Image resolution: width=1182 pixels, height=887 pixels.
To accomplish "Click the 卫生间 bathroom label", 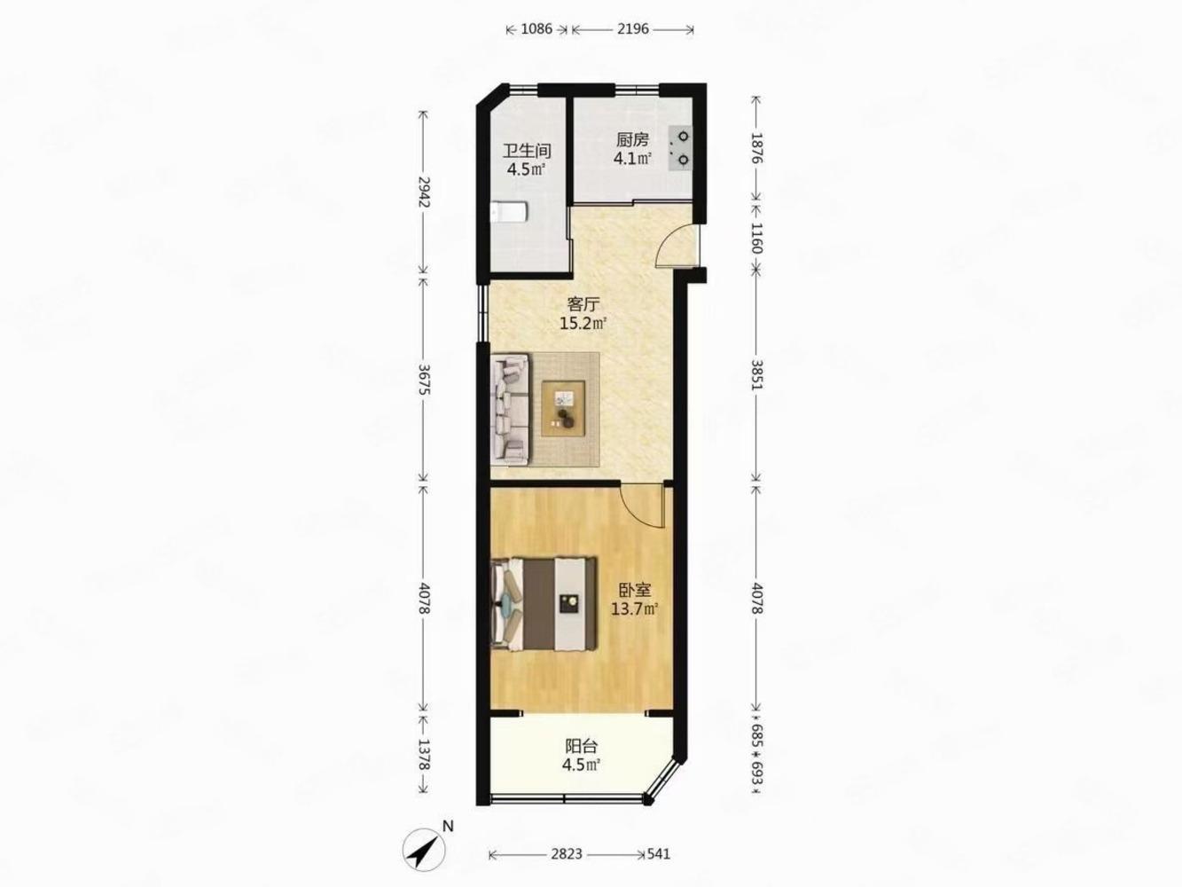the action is click(x=527, y=151).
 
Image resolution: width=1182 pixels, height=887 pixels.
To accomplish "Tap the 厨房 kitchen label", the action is click(x=632, y=140).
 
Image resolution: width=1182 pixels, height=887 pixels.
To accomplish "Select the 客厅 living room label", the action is click(x=583, y=304).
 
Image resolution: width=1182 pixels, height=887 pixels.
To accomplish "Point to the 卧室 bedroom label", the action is click(x=636, y=590).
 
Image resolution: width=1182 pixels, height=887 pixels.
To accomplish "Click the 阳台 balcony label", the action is click(x=582, y=747).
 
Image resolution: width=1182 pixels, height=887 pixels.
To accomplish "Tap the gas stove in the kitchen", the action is click(x=680, y=148).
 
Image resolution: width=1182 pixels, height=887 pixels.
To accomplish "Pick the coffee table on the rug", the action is click(x=564, y=408).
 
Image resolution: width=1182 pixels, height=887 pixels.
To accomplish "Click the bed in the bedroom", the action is click(x=544, y=604).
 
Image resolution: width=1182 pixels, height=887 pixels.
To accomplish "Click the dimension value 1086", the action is click(x=536, y=29).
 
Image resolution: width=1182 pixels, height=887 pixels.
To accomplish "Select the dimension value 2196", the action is click(x=633, y=29).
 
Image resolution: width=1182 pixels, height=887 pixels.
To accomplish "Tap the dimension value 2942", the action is click(x=425, y=192).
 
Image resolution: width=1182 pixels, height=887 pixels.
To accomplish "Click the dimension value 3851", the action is click(x=756, y=375).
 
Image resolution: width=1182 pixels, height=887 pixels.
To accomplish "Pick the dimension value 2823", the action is click(x=567, y=854).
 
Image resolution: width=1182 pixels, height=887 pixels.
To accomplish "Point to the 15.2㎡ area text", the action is click(x=583, y=324).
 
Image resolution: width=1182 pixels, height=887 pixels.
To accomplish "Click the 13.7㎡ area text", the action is click(x=636, y=609).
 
